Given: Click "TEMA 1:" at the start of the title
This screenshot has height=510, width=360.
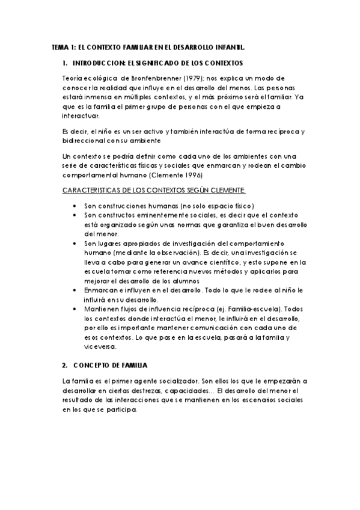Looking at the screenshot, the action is coord(63,46).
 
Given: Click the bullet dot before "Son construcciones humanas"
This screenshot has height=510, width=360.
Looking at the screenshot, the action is coord(74,205).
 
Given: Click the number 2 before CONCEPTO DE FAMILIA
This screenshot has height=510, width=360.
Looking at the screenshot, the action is coord(64,364).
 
